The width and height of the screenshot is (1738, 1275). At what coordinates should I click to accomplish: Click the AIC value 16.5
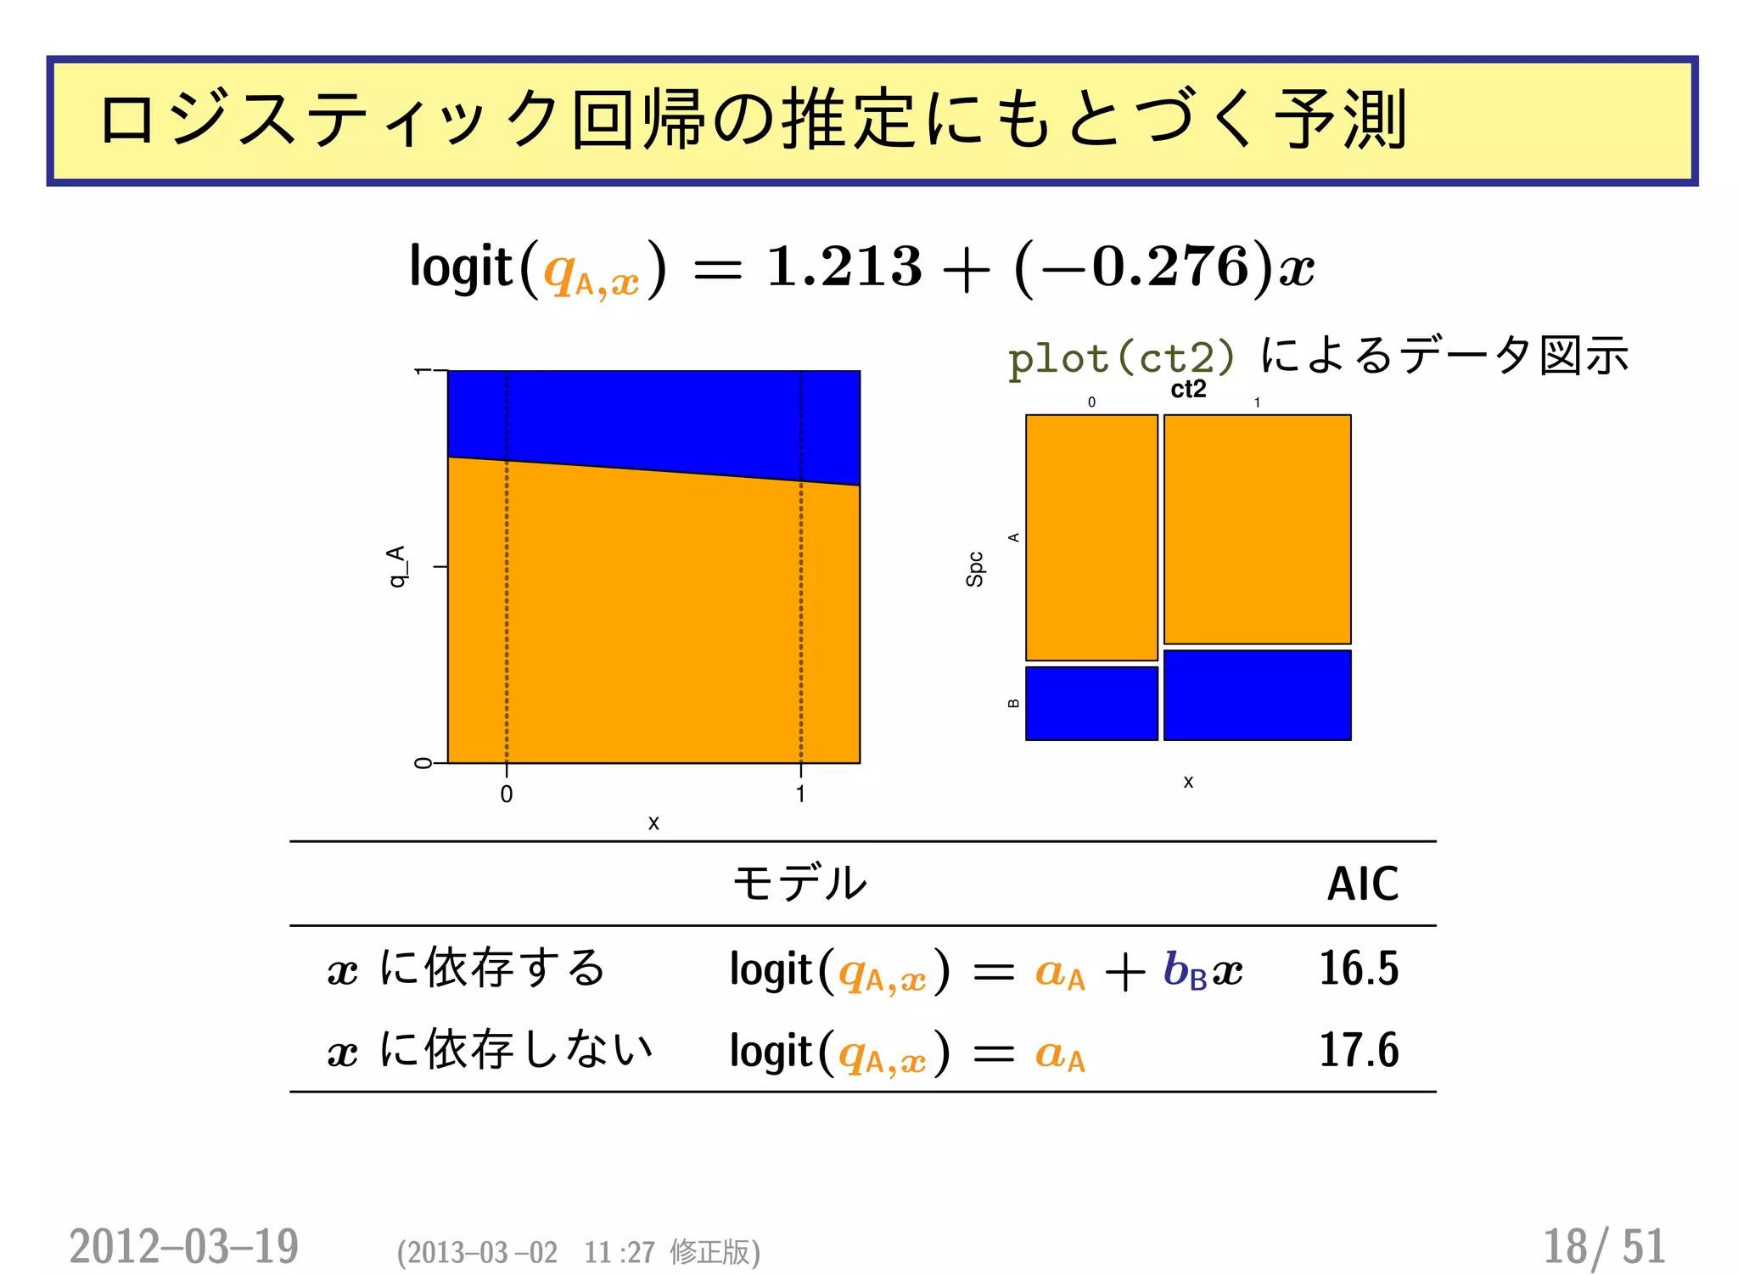click(1358, 968)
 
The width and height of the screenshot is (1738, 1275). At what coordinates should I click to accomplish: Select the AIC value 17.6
click(1358, 1050)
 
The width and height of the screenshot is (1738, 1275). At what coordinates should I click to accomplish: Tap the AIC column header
click(1362, 884)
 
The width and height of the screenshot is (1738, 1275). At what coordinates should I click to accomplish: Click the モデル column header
click(799, 883)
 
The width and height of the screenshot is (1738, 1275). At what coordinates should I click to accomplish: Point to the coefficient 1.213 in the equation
click(844, 266)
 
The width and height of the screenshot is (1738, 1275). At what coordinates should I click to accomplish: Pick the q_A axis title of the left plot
click(396, 566)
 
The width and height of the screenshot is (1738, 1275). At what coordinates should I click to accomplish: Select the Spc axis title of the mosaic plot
click(975, 569)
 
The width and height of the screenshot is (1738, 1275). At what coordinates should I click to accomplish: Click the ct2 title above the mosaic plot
click(1188, 389)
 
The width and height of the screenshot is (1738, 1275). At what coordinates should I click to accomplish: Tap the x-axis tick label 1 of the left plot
click(800, 795)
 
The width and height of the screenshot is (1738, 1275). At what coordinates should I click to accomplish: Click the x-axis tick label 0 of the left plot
click(507, 795)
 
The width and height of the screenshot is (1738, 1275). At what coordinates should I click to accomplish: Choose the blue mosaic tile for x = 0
click(1091, 703)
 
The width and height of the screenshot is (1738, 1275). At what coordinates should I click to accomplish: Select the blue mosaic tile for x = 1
click(1257, 695)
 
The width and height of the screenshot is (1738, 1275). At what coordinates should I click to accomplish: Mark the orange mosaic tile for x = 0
click(1091, 537)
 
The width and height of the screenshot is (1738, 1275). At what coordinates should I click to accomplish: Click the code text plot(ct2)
click(1121, 358)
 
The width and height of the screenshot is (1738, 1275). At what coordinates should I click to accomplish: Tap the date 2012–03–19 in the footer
click(184, 1246)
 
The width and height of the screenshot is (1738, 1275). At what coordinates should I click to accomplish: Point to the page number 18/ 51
click(1603, 1246)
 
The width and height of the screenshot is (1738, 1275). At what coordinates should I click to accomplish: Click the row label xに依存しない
click(491, 1050)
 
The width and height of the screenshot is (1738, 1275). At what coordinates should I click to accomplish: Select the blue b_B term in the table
click(1185, 969)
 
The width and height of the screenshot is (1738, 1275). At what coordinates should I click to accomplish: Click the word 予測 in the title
click(1341, 120)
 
